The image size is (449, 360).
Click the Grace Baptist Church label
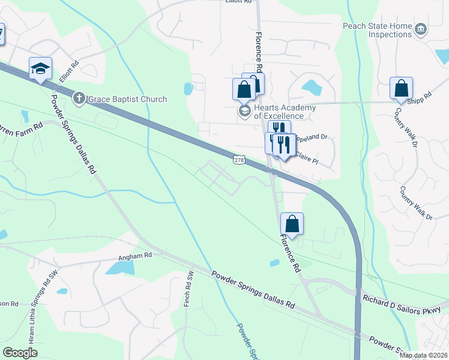127,99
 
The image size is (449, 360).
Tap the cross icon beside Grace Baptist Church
79,98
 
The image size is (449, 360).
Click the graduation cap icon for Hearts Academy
244,111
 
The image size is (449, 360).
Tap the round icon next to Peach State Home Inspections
420,28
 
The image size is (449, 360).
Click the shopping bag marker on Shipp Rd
401,88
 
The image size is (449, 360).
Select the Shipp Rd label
423,98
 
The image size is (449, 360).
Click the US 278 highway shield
239,159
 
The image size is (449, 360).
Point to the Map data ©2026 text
423,355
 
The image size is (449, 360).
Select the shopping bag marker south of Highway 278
292,224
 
